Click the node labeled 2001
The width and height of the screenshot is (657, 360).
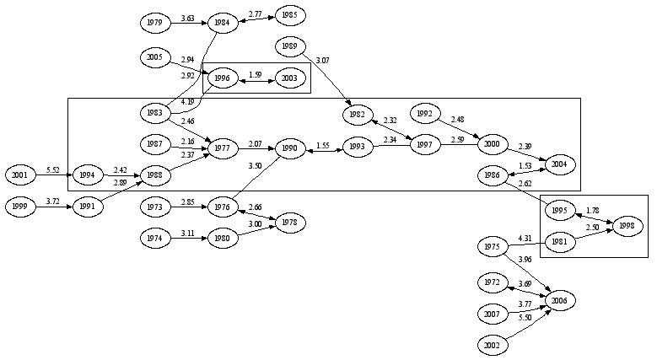[19, 175]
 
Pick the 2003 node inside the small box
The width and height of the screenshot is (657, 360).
[290, 78]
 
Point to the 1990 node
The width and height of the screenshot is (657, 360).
[290, 149]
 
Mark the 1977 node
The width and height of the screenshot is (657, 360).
[223, 149]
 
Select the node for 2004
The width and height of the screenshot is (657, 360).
[557, 165]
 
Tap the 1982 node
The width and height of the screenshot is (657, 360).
[357, 114]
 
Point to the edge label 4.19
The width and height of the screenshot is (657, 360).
[187, 102]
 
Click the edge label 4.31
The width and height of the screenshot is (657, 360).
[524, 239]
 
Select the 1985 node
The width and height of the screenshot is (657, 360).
[290, 15]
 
